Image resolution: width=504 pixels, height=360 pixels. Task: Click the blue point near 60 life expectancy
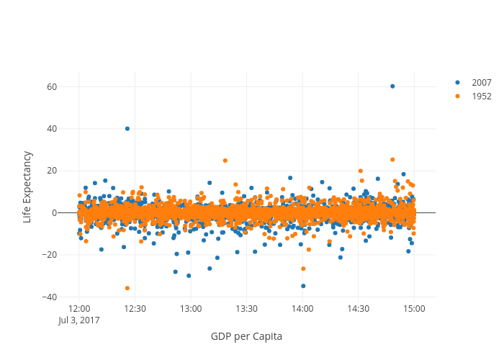392,86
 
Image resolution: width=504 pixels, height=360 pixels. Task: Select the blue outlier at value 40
127,129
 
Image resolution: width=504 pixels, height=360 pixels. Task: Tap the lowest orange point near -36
127,288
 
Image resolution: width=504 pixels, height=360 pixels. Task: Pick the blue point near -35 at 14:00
303,286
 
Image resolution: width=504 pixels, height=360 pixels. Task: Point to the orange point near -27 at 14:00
303,269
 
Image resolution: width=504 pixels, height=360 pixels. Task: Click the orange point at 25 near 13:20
225,161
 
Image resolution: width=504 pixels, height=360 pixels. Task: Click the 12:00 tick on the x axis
80,308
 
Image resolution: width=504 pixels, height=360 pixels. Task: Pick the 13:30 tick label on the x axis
247,308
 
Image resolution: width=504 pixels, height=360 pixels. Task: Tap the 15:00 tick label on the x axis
414,308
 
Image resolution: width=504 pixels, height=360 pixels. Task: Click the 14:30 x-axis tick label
359,308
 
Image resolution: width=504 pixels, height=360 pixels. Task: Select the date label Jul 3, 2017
80,320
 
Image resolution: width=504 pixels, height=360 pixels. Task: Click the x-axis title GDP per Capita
246,336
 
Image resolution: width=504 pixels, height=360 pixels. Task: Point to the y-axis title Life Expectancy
27,186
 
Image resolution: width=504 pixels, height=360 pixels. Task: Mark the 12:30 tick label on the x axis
135,308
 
